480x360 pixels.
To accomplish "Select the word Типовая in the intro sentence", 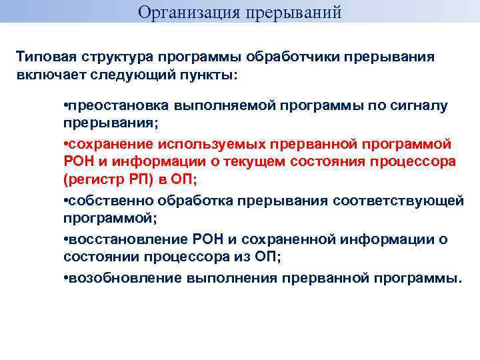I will (44, 57).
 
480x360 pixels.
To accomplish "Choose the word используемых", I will (205, 144).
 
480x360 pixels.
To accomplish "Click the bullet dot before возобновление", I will (66, 277).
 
